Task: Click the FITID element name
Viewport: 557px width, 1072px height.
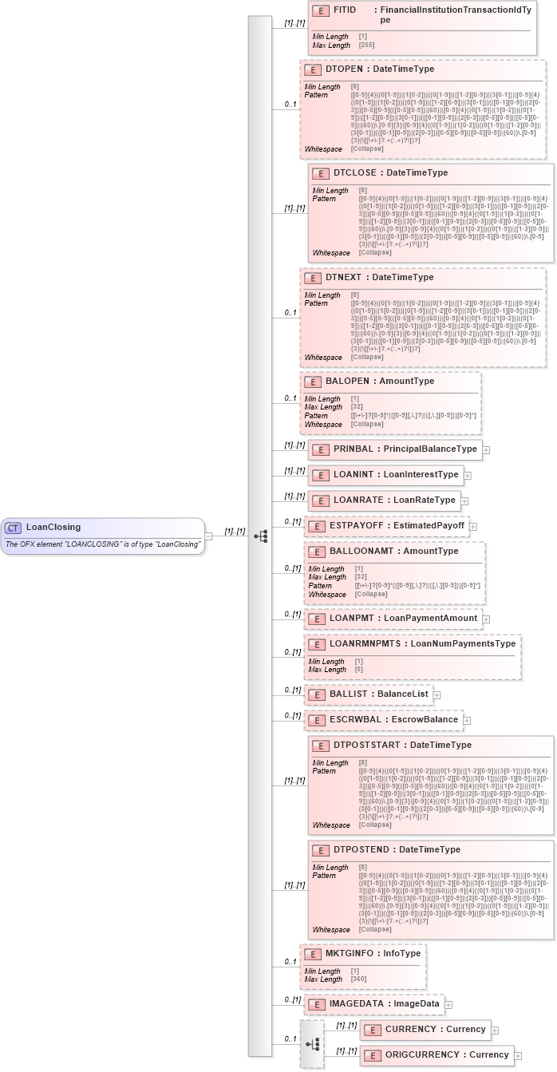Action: pyautogui.click(x=344, y=10)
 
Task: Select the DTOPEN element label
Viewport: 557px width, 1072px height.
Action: pyautogui.click(x=338, y=69)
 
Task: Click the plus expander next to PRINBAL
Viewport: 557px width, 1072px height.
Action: pyautogui.click(x=486, y=449)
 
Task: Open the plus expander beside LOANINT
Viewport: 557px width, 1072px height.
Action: pyautogui.click(x=468, y=475)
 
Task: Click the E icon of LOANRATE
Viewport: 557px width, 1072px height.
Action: pyautogui.click(x=320, y=500)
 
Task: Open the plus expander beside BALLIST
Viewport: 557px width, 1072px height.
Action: pyautogui.click(x=437, y=694)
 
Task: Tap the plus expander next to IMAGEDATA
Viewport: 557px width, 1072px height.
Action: pyautogui.click(x=448, y=1004)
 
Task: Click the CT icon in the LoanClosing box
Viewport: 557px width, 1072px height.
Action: pyautogui.click(x=14, y=527)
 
